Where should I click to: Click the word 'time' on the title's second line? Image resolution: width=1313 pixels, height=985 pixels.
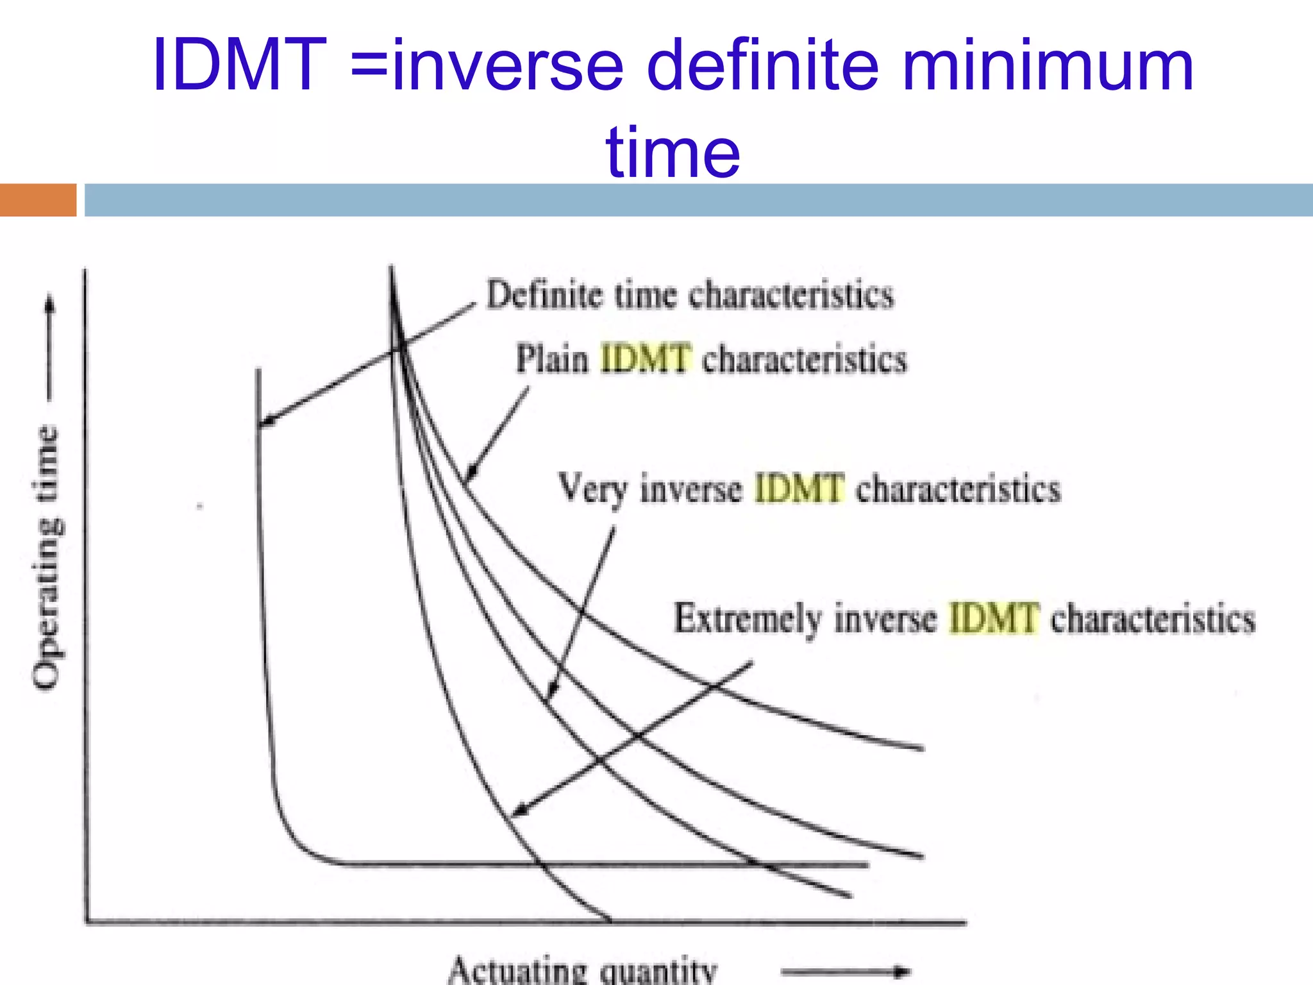point(673,153)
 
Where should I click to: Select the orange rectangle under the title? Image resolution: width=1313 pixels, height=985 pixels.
point(38,200)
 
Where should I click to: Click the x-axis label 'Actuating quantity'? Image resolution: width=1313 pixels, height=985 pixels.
point(582,970)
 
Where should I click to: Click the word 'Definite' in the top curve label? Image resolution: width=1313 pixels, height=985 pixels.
point(545,296)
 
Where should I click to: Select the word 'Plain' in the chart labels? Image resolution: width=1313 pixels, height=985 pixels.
point(552,359)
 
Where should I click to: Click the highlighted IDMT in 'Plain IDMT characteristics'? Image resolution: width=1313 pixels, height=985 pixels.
point(646,358)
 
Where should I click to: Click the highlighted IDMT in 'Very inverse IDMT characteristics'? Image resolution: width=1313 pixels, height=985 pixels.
point(799,489)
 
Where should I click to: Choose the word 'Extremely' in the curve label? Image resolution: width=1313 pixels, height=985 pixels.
point(748,619)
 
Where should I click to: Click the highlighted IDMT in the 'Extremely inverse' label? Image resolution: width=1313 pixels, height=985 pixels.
point(993,619)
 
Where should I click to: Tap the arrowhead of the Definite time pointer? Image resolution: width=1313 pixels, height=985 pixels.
point(267,421)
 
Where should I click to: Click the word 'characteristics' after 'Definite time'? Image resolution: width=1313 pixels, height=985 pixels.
point(791,296)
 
